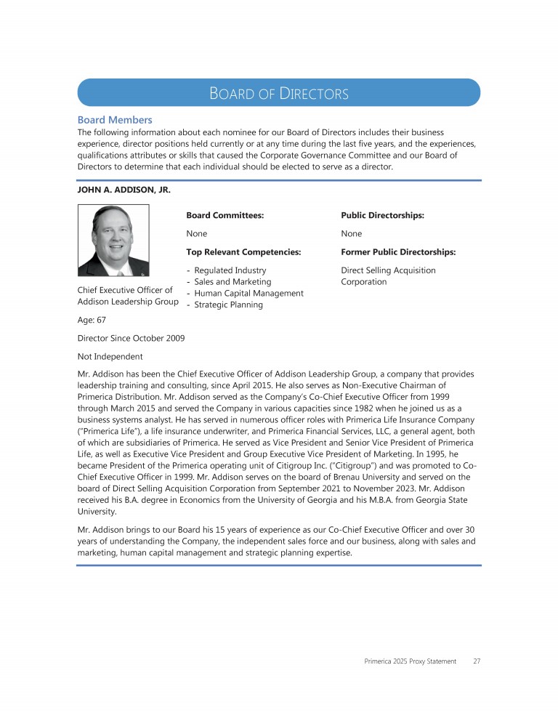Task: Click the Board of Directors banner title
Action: (x=279, y=94)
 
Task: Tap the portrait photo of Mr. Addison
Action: (x=113, y=240)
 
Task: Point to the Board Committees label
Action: (x=225, y=216)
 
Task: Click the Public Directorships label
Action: (x=382, y=216)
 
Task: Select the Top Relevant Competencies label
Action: (x=243, y=252)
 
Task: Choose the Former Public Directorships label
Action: (x=398, y=252)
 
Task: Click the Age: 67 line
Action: (x=91, y=320)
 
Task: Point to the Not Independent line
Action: (x=110, y=357)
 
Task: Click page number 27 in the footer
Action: (x=477, y=661)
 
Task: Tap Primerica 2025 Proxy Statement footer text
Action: (x=410, y=661)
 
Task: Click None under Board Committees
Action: (x=197, y=234)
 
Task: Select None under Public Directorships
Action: (x=352, y=234)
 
